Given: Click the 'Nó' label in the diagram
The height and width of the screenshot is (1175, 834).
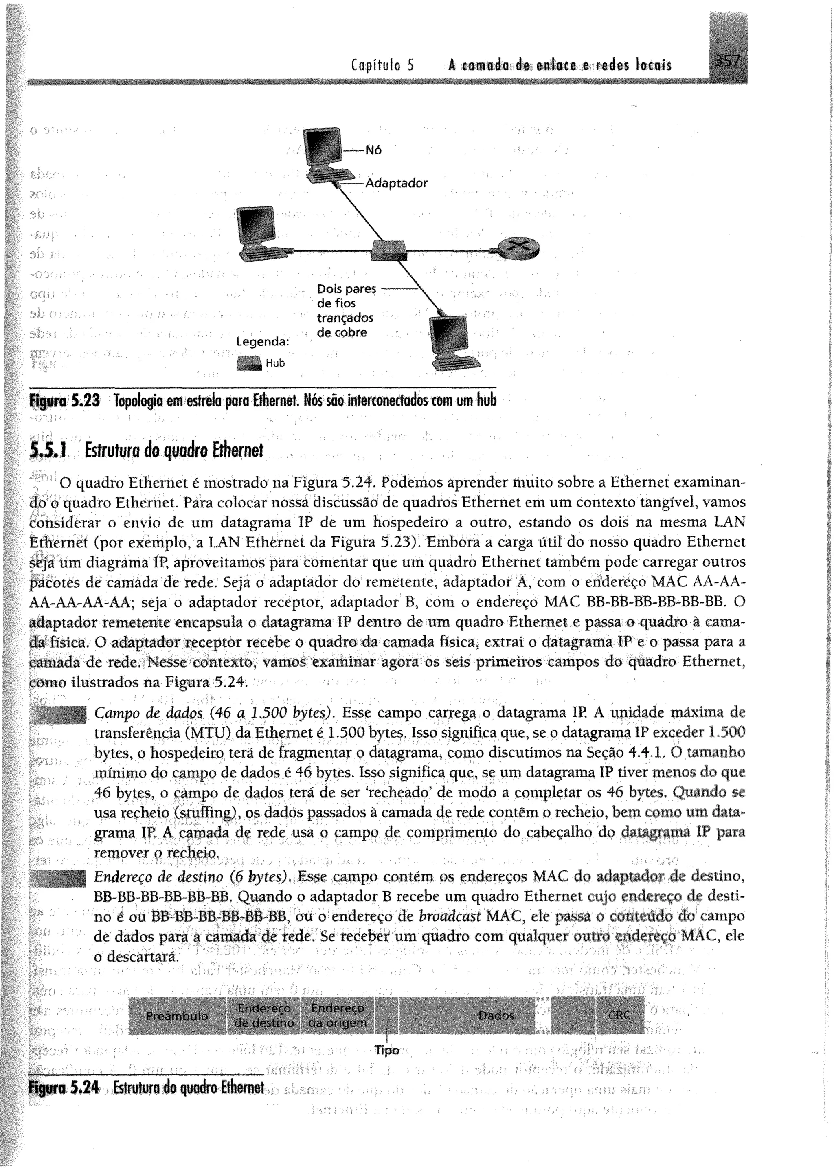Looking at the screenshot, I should coord(374,150).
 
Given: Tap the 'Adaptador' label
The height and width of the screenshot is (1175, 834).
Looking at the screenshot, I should coord(396,183).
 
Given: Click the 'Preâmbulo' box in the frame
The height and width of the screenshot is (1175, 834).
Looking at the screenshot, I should coord(177,1016).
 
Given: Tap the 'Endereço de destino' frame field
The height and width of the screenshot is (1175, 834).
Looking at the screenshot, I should coord(264,1016).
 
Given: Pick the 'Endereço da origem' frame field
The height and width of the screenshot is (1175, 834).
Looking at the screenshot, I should coord(338,1016).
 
